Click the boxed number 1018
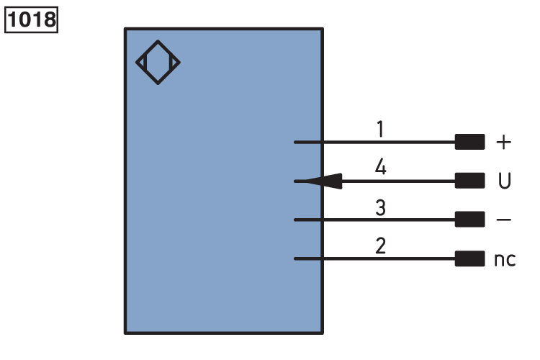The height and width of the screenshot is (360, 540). pos(31,19)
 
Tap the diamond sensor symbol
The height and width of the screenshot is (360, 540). pos(158,62)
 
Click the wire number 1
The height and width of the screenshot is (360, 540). pos(380,130)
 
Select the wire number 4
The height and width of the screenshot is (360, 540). pos(380,168)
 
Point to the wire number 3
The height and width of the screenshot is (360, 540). pos(380,208)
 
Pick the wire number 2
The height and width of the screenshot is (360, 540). pos(380,246)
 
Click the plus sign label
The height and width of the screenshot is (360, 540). pos(504,143)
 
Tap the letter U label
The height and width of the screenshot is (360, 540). pos(505,181)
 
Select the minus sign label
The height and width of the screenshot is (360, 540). pos(504,220)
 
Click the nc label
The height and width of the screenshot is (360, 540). pos(505,259)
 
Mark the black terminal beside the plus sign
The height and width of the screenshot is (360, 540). pos(469,143)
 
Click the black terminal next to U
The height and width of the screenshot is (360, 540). pos(469,181)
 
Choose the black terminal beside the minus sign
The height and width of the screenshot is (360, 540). pos(469,220)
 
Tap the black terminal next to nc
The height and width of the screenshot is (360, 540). pos(469,258)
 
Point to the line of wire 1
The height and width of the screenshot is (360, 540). pos(374,143)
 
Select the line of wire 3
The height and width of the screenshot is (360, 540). pos(374,220)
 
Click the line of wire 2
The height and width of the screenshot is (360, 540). pos(374,258)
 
